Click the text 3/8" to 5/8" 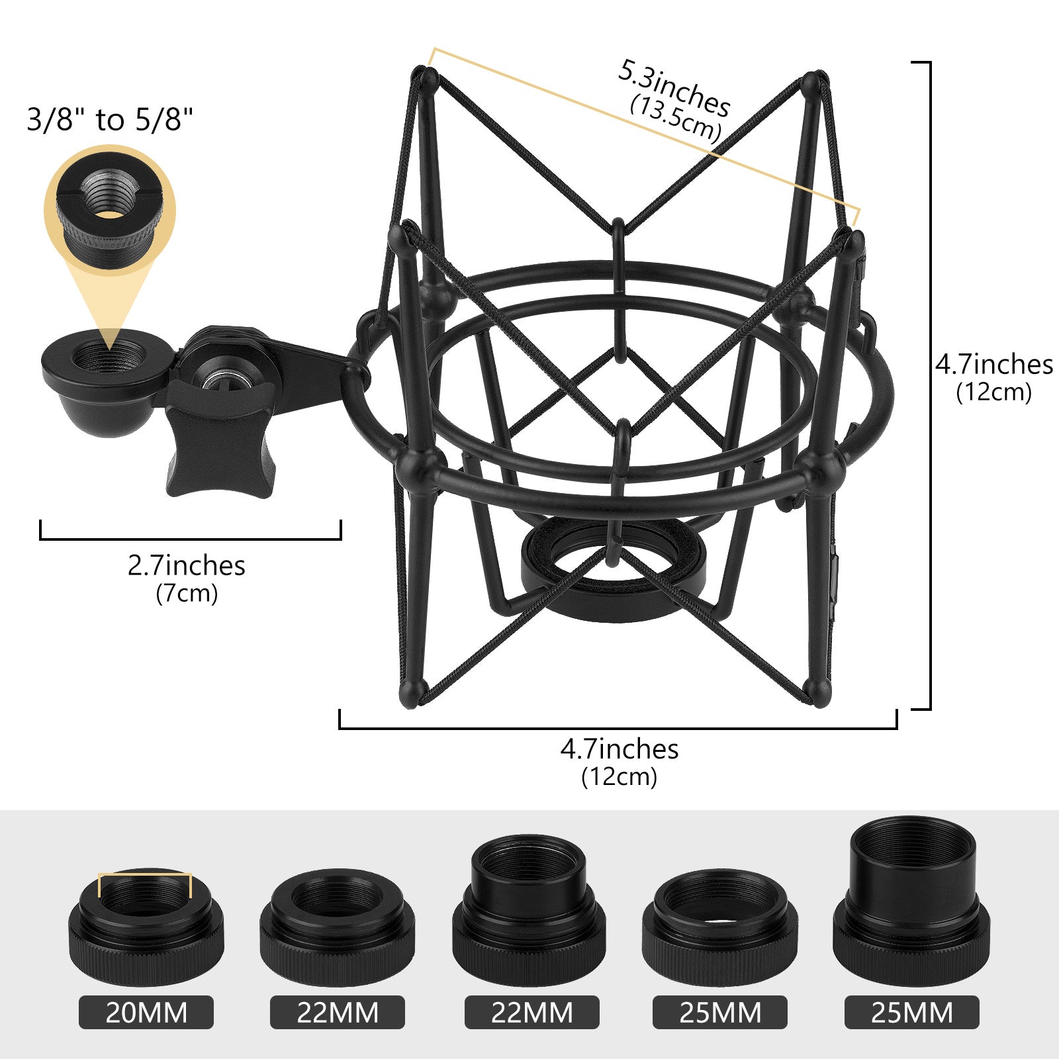point(110,120)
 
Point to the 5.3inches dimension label point(674,87)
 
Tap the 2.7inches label point(186,566)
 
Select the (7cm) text point(186,593)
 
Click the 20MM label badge point(146,1013)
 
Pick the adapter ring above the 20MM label point(146,927)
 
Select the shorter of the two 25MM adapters point(719,927)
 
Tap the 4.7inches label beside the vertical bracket point(993,365)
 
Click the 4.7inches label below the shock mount point(619,749)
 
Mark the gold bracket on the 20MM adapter point(145,876)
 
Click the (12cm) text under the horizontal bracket point(619,776)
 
